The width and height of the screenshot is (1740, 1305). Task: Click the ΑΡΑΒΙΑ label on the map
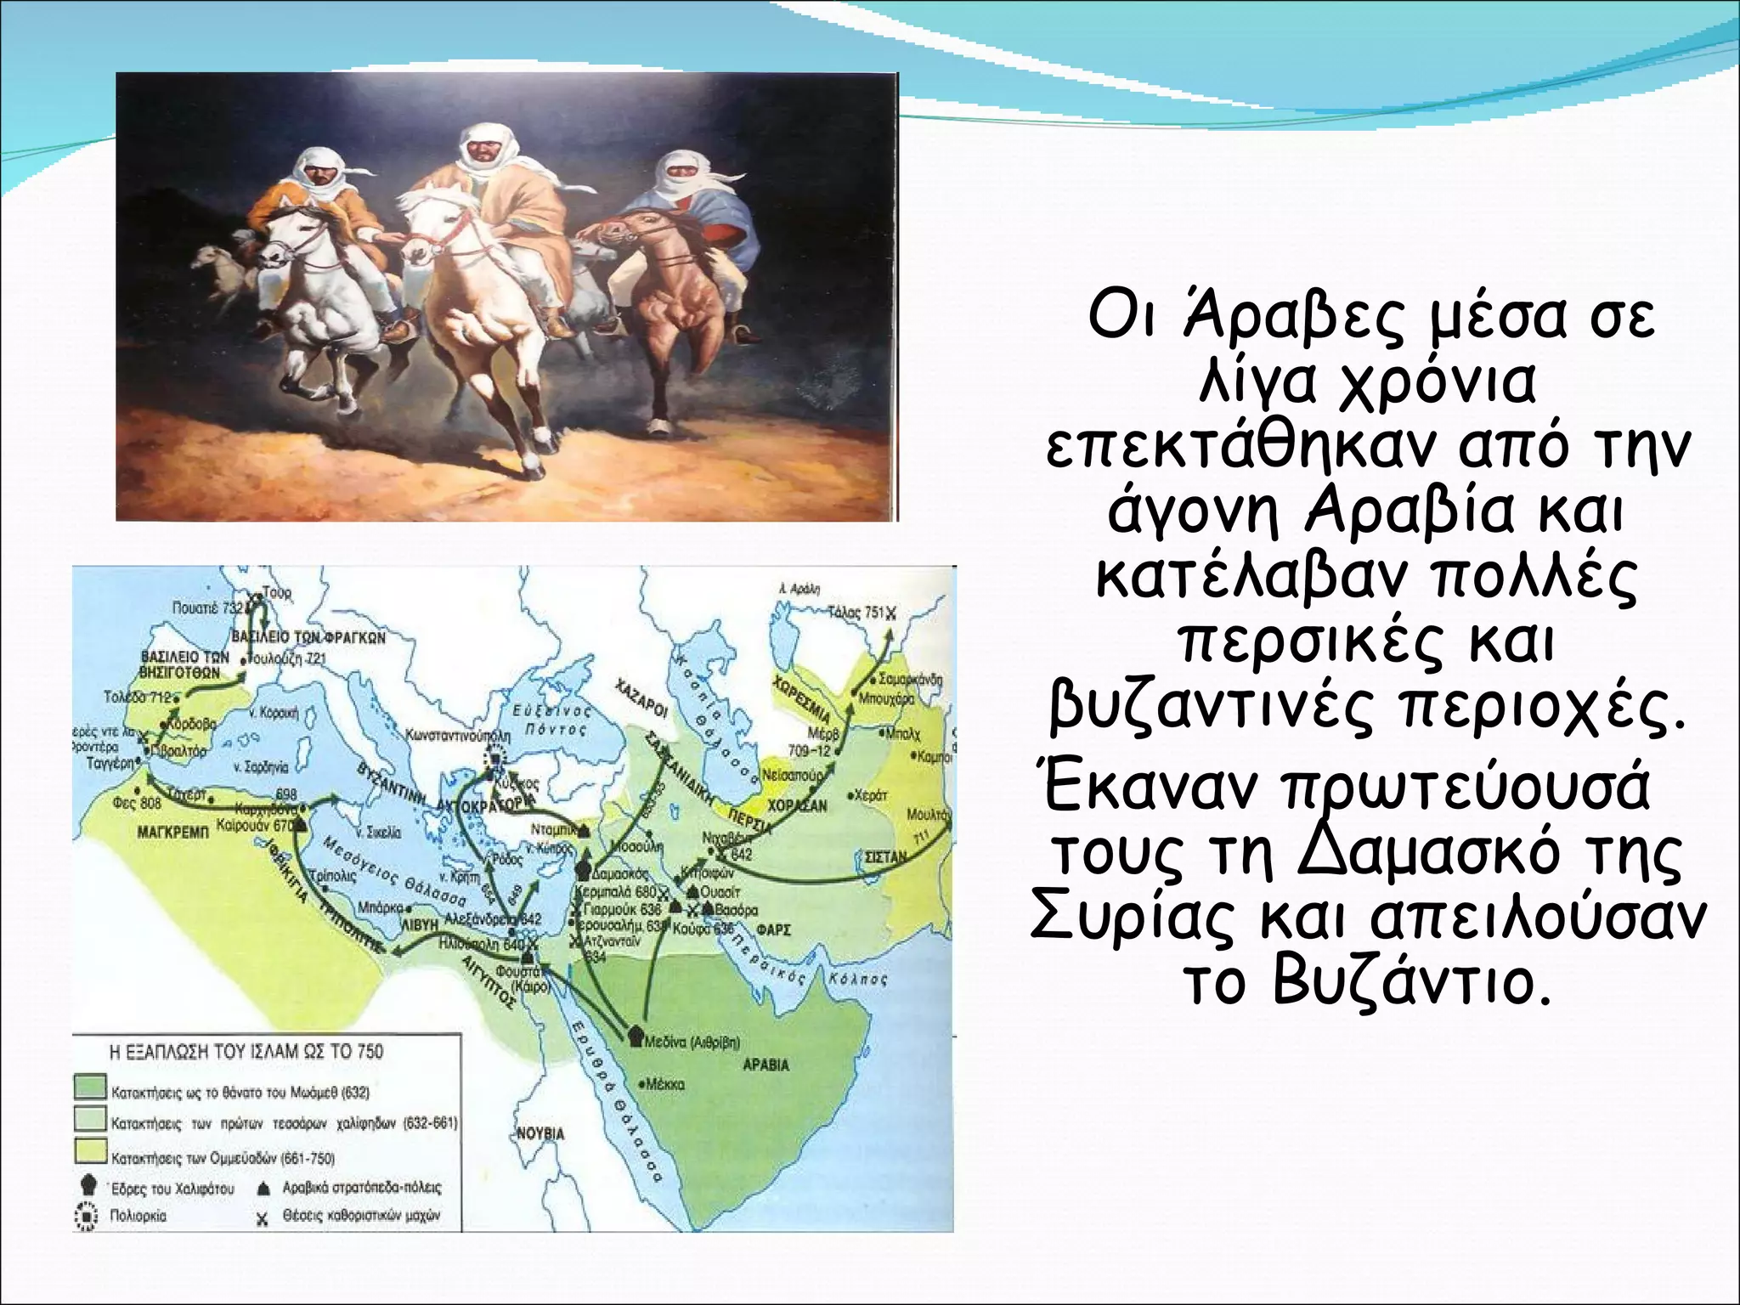766,1065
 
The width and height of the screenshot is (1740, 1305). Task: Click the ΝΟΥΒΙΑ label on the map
540,1133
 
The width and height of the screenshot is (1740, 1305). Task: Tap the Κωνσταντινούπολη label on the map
459,733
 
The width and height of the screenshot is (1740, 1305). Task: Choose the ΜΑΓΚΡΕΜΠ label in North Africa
172,833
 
